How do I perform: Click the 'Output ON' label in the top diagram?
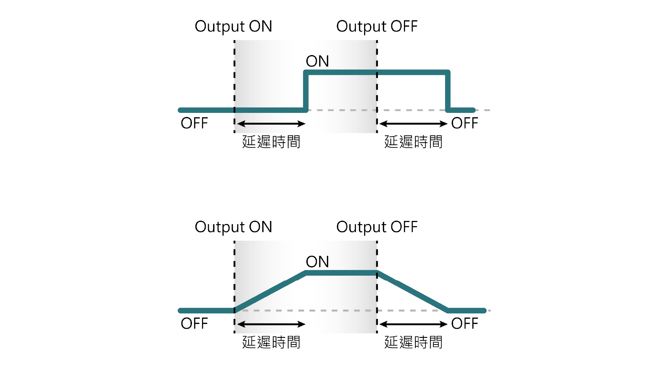pyautogui.click(x=233, y=27)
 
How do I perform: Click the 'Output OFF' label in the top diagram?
pyautogui.click(x=377, y=27)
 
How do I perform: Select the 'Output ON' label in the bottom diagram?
pyautogui.click(x=233, y=227)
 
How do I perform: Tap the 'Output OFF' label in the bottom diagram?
pyautogui.click(x=377, y=227)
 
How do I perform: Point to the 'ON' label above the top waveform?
pyautogui.click(x=317, y=61)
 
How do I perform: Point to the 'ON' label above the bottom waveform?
pyautogui.click(x=317, y=262)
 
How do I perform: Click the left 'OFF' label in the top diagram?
pyautogui.click(x=194, y=123)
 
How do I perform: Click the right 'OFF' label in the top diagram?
pyautogui.click(x=465, y=123)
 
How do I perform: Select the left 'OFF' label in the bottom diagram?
pyautogui.click(x=194, y=324)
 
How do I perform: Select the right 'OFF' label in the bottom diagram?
pyautogui.click(x=465, y=324)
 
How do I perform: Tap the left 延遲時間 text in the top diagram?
pyautogui.click(x=271, y=142)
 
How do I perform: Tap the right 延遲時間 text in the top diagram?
pyautogui.click(x=413, y=142)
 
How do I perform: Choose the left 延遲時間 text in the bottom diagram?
pyautogui.click(x=271, y=342)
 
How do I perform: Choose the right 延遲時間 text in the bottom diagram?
pyautogui.click(x=413, y=342)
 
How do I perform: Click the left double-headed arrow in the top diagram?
pyautogui.click(x=271, y=124)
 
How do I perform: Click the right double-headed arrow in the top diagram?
pyautogui.click(x=414, y=124)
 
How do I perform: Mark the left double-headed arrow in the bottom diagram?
pyautogui.click(x=271, y=324)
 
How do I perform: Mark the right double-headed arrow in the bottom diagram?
pyautogui.click(x=414, y=324)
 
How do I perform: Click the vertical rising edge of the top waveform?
pyautogui.click(x=306, y=91)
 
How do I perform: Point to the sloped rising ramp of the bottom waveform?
pyautogui.click(x=270, y=292)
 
